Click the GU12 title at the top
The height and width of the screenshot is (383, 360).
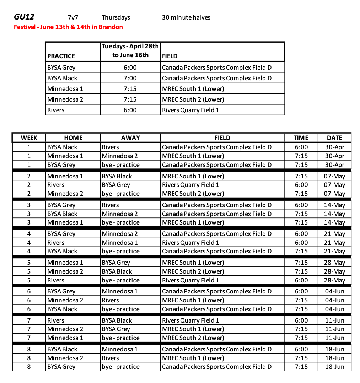point(24,17)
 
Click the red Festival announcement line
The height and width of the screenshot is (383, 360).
point(68,27)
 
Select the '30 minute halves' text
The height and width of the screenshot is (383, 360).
point(186,17)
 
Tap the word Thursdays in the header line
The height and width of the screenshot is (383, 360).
point(116,17)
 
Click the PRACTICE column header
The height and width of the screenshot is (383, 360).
point(61,56)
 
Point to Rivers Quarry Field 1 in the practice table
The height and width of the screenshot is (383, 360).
point(190,110)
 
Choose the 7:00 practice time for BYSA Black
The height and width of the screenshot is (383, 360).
point(130,78)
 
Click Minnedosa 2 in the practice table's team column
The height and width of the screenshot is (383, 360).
point(65,99)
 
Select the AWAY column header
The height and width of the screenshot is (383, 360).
point(130,138)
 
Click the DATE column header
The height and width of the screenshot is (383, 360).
point(334,138)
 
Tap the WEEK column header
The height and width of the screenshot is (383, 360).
point(29,138)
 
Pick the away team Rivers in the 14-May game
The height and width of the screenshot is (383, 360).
point(111,205)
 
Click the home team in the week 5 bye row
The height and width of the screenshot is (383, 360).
point(56,280)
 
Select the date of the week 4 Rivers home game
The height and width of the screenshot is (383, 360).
point(334,243)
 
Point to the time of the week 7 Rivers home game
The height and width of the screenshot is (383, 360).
point(301,320)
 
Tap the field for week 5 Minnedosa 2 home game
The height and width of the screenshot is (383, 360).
point(193,271)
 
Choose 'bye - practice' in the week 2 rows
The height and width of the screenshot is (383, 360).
point(120,194)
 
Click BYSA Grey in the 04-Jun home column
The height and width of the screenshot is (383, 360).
point(61,291)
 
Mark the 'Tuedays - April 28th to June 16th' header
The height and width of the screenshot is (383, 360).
point(130,50)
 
